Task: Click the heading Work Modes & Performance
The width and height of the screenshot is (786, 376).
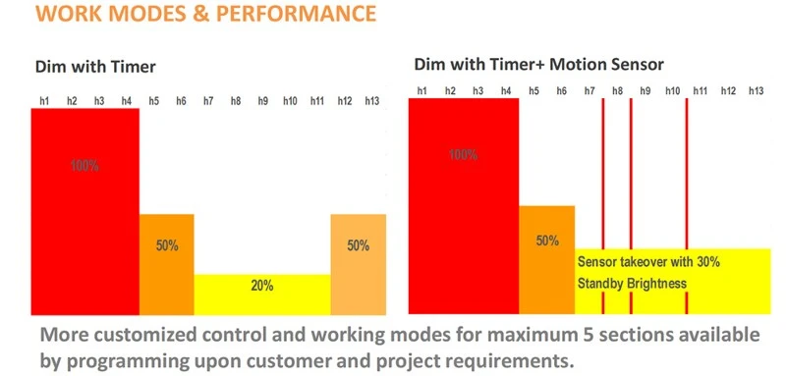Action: click(206, 13)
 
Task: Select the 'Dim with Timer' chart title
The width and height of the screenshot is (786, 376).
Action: click(95, 67)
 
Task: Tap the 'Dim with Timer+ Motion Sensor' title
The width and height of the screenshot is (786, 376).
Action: click(538, 64)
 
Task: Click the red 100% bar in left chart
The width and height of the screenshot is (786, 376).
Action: click(85, 211)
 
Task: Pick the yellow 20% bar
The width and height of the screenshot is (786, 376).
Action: click(262, 295)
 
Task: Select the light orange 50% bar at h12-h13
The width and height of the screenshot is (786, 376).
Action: click(359, 264)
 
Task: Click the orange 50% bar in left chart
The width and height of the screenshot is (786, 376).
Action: click(166, 264)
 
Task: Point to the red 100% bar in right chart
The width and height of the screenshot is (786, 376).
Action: click(464, 206)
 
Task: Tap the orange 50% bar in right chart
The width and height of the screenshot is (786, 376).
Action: click(547, 259)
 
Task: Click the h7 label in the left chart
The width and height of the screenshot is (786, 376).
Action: click(208, 101)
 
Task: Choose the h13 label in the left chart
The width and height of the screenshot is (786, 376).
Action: click(372, 101)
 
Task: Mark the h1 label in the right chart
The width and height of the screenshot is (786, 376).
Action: click(422, 90)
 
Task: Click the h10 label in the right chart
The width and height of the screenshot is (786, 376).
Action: click(673, 90)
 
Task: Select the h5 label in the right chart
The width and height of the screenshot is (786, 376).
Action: click(533, 90)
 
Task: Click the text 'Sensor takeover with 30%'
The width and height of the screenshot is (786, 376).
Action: click(648, 262)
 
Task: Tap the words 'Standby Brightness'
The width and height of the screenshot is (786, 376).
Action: click(632, 284)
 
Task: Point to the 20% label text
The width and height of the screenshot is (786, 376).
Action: click(262, 286)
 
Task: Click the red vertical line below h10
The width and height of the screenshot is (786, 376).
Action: click(686, 206)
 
